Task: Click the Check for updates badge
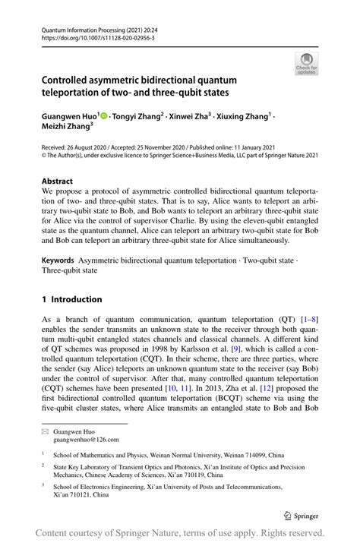tap(306, 64)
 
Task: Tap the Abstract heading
tap(58, 182)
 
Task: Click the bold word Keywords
tap(59, 260)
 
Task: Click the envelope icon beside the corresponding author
tap(46, 430)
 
